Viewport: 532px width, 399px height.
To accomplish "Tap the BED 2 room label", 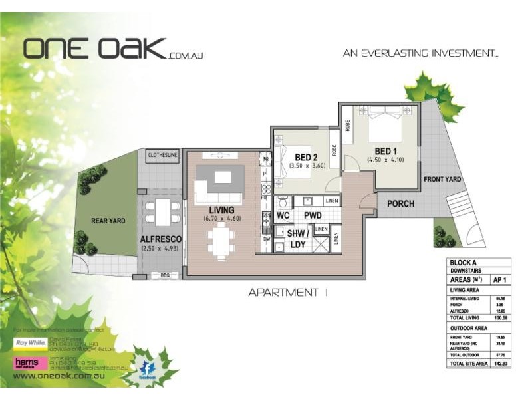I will pyautogui.click(x=307, y=157).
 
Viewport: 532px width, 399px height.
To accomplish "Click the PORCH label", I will pyautogui.click(x=400, y=204).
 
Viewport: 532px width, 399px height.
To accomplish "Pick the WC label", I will pyautogui.click(x=282, y=216).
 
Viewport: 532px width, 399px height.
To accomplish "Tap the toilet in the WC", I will pyautogui.click(x=284, y=201).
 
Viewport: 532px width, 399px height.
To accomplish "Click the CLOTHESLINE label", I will pyautogui.click(x=160, y=154).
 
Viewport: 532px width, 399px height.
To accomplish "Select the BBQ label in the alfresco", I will pyautogui.click(x=165, y=275).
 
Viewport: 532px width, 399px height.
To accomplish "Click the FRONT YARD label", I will pyautogui.click(x=442, y=179).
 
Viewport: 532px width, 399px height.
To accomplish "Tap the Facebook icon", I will pyautogui.click(x=148, y=370).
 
